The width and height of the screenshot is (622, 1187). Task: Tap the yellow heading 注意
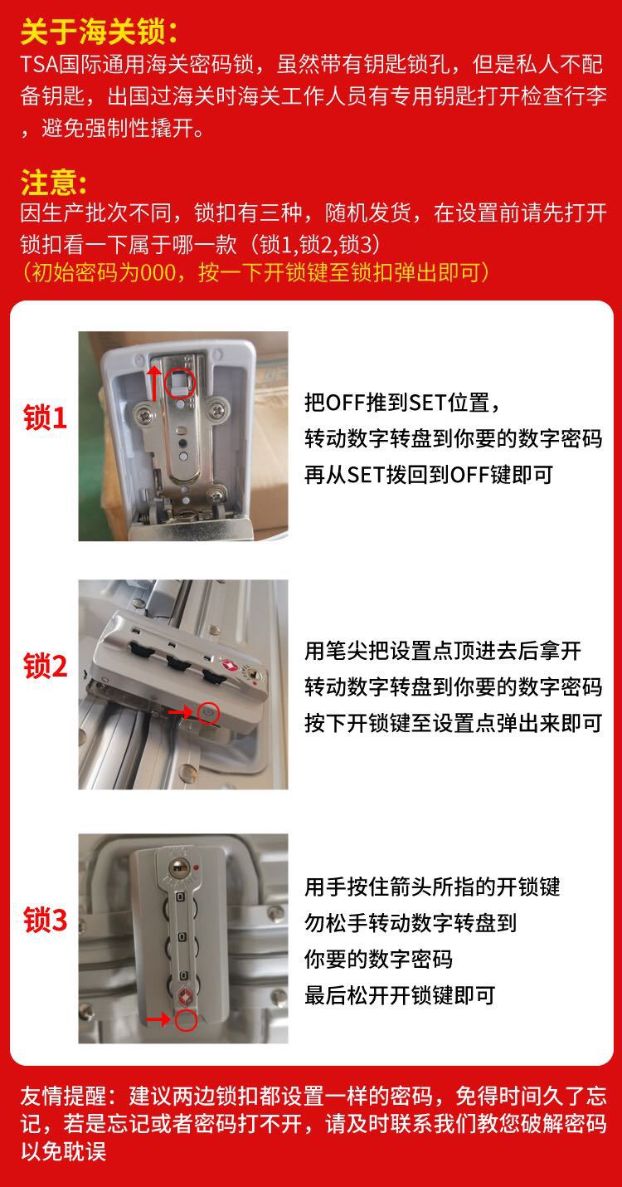[x=53, y=180]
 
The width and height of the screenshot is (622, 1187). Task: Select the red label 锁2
[x=46, y=666]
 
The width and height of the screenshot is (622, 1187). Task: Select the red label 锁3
[x=46, y=921]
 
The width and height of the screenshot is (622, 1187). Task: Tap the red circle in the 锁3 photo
[x=186, y=1019]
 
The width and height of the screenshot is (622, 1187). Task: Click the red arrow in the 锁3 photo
[x=159, y=1019]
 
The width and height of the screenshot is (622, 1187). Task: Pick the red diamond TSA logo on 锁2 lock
[x=230, y=666]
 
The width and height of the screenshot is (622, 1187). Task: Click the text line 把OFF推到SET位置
[x=401, y=403]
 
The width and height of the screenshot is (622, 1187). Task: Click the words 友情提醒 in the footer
[x=61, y=1096]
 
